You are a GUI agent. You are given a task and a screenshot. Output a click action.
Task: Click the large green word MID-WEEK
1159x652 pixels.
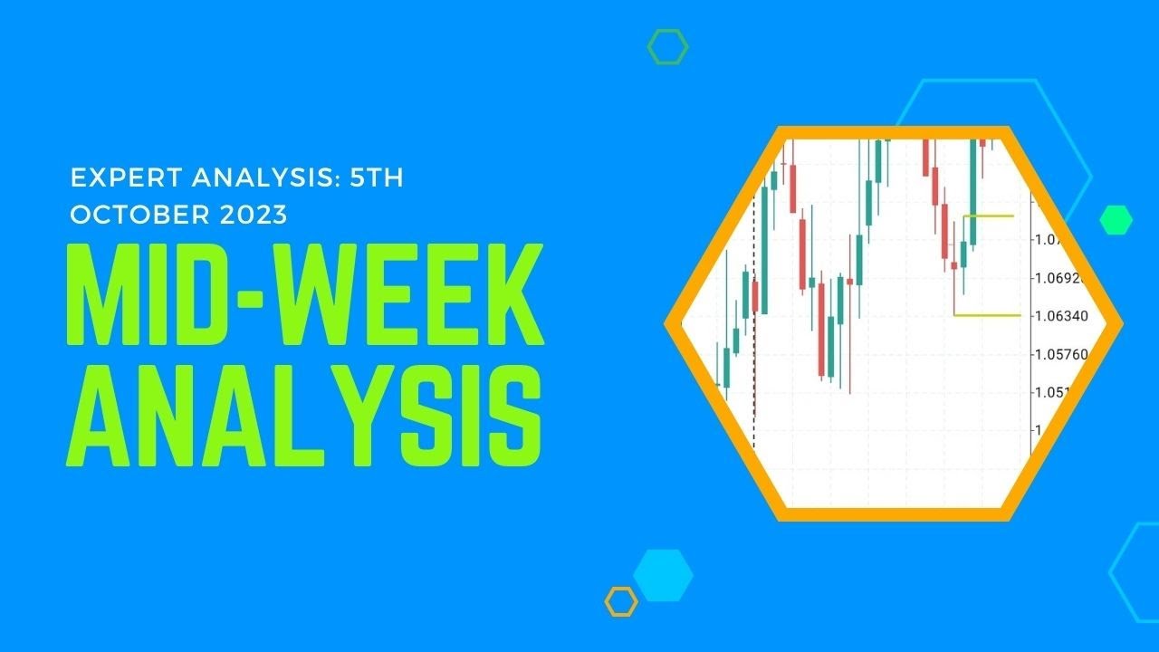coord(304,294)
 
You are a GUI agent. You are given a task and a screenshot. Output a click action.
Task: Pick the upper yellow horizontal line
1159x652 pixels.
coord(989,216)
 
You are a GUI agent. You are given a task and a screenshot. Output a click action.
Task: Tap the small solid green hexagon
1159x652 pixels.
coord(1116,220)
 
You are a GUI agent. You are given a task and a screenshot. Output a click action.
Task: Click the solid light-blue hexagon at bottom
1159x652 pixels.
coord(663,575)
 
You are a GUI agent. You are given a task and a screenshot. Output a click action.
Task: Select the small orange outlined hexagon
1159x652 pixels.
coord(622,601)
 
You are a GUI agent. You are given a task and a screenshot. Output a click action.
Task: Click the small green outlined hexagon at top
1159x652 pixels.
coord(667,47)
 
